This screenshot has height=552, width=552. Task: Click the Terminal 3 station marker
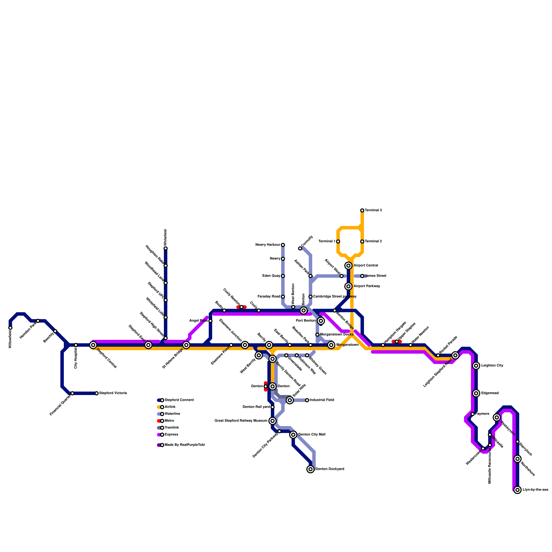coord(362,210)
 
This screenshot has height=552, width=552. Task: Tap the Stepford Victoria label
coord(113,393)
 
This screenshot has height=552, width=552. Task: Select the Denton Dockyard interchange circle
coord(310,469)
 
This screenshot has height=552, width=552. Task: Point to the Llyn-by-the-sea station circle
coord(517,490)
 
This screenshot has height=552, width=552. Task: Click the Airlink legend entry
coord(170,407)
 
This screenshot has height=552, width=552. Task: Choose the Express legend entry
coord(171,435)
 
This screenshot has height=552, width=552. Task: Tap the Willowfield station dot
coord(10,328)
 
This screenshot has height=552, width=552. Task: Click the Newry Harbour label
coord(268,245)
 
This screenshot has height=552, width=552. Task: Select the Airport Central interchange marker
coord(348,266)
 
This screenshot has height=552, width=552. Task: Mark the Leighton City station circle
coord(476,366)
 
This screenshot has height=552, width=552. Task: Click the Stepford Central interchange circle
coord(93,345)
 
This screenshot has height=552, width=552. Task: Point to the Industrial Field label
coord(322,400)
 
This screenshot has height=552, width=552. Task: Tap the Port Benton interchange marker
coord(321,321)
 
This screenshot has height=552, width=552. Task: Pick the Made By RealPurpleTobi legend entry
coord(185,445)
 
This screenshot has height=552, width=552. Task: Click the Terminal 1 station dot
coord(338,241)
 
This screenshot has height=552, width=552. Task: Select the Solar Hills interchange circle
coord(290,400)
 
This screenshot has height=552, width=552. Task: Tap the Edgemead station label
coord(490,393)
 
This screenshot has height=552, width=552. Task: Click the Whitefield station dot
coord(166,248)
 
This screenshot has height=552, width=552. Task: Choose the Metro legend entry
coord(169,421)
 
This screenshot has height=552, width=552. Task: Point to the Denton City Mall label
coord(312,435)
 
